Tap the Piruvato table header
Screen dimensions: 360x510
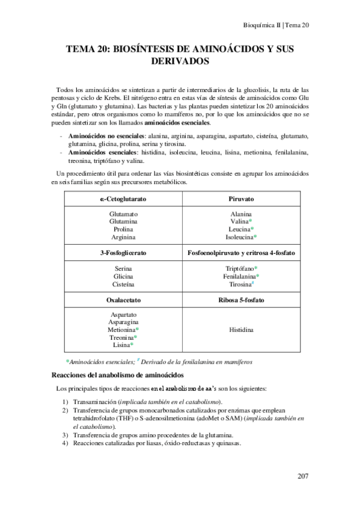point(241,198)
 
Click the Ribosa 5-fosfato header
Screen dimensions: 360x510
point(241,300)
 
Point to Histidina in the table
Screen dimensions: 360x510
point(241,330)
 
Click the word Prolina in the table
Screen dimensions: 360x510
point(124,229)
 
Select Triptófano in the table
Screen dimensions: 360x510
point(239,268)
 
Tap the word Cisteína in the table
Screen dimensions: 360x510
point(124,284)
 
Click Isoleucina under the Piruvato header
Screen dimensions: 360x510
point(239,237)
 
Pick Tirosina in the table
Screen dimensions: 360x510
point(239,284)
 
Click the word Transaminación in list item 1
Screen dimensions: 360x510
point(95,401)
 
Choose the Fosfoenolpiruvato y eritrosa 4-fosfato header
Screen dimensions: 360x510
point(241,254)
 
